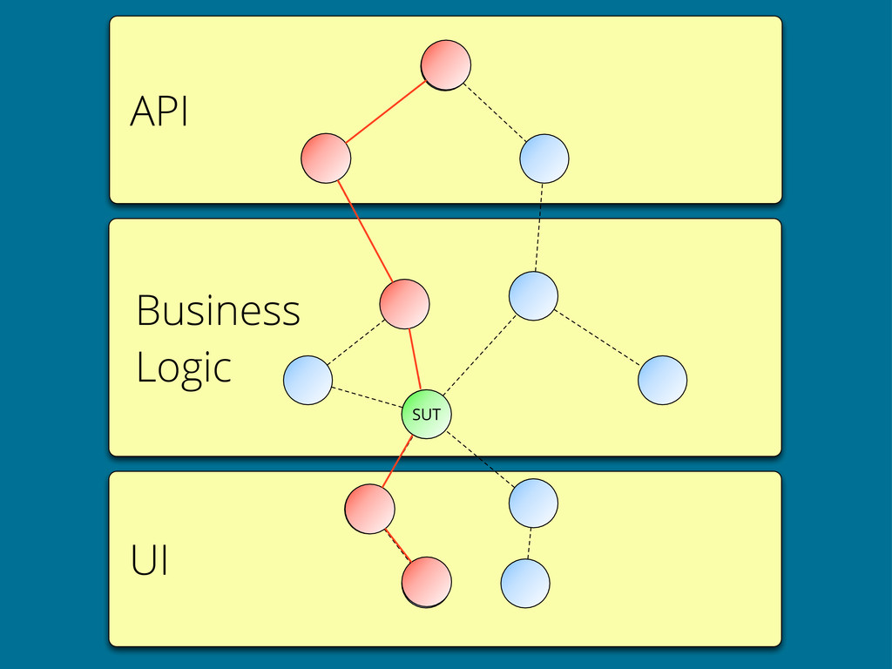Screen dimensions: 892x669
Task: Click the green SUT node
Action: click(426, 414)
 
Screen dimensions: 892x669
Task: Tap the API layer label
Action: click(159, 111)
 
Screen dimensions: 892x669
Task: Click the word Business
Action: click(218, 311)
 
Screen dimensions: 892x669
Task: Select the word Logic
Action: click(184, 368)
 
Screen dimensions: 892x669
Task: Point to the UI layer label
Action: click(149, 560)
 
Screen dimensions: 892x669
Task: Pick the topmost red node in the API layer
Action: click(446, 64)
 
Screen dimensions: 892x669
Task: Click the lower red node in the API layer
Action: click(326, 159)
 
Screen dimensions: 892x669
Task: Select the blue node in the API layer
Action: click(544, 159)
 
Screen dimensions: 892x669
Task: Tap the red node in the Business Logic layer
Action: click(404, 304)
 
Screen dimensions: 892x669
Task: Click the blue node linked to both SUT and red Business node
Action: click(307, 380)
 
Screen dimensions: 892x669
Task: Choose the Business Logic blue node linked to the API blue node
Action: click(534, 296)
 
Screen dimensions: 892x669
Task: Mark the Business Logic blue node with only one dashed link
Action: click(663, 380)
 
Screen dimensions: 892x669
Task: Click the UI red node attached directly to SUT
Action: click(369, 509)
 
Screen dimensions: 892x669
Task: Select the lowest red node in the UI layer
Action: click(427, 582)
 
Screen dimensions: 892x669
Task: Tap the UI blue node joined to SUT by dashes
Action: click(534, 503)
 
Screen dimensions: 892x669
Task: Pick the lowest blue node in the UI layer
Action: click(525, 583)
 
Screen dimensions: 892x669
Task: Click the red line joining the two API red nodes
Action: click(386, 111)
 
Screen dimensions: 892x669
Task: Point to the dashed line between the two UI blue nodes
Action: click(530, 544)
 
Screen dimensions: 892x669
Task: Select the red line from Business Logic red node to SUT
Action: click(415, 359)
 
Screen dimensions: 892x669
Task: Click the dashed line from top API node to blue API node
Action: click(495, 112)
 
